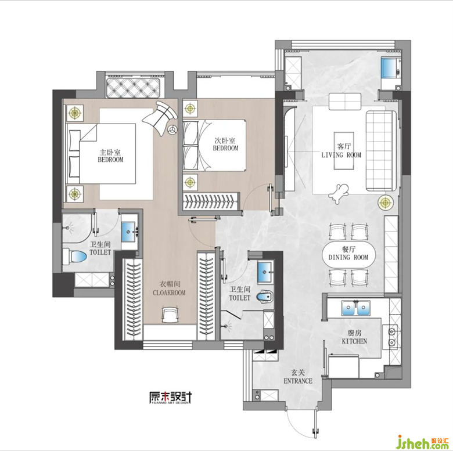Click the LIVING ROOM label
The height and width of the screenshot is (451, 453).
pyautogui.click(x=341, y=155)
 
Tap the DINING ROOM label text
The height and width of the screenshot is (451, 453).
pyautogui.click(x=348, y=257)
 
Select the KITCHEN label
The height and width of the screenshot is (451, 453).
pyautogui.click(x=354, y=341)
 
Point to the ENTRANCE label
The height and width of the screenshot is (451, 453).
pyautogui.click(x=298, y=381)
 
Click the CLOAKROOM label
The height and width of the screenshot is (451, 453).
pyautogui.click(x=169, y=293)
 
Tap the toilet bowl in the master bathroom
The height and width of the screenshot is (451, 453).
pyautogui.click(x=75, y=257)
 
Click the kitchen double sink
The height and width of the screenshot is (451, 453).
pyautogui.click(x=356, y=308)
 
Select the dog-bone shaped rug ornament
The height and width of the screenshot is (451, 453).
pyautogui.click(x=339, y=193)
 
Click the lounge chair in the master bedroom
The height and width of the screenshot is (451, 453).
pyautogui.click(x=160, y=117)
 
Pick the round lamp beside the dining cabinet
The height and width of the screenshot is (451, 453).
pyautogui.click(x=386, y=203)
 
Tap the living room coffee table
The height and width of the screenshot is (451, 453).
pyautogui.click(x=344, y=151)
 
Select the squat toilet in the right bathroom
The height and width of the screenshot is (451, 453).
pyautogui.click(x=264, y=297)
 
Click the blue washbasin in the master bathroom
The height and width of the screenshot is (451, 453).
pyautogui.click(x=129, y=232)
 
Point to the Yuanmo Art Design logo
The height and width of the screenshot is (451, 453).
pyautogui.click(x=170, y=398)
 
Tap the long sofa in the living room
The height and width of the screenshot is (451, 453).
pyautogui.click(x=381, y=151)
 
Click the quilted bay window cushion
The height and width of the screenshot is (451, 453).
pyautogui.click(x=133, y=88)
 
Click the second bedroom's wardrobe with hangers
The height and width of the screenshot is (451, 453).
pyautogui.click(x=211, y=201)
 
